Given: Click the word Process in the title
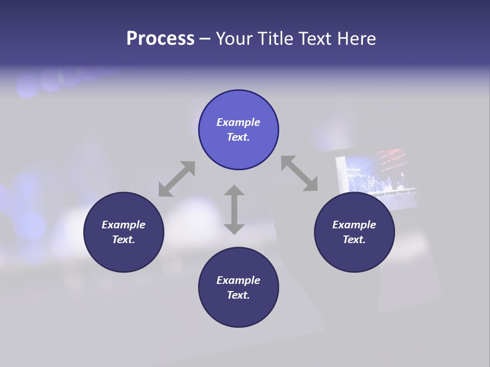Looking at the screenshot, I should click(160, 39).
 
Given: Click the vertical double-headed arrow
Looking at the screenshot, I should click(234, 209).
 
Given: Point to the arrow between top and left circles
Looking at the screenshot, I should click(177, 179).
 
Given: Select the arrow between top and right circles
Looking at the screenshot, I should click(299, 173).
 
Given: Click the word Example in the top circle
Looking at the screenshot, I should click(238, 122).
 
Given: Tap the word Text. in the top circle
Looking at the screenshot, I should click(238, 137).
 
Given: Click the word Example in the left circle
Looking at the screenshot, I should click(124, 225).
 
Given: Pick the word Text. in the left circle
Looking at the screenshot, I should click(124, 240).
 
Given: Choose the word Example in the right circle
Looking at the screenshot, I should click(354, 225).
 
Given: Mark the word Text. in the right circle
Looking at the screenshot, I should click(354, 240).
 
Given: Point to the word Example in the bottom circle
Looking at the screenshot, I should click(238, 280).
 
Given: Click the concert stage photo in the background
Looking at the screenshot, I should click(378, 173).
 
